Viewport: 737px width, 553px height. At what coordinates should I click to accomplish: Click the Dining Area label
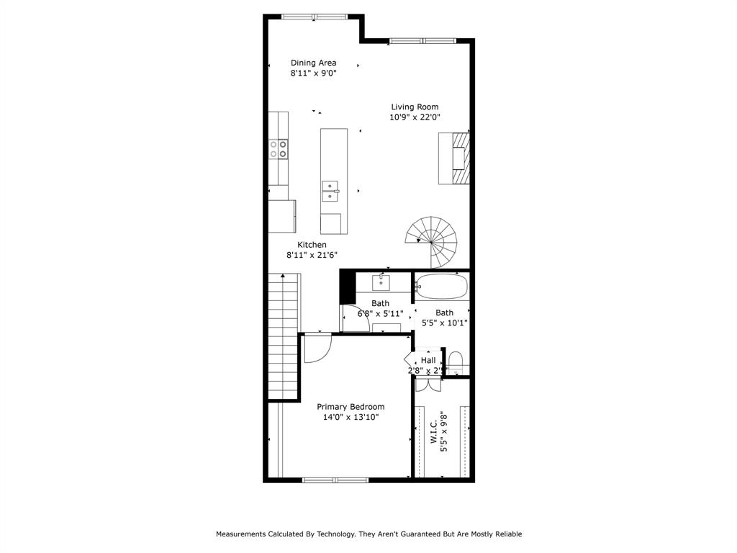313,63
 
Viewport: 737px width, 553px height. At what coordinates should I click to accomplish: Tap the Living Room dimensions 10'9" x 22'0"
415,117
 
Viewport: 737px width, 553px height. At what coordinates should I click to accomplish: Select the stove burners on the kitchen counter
279,148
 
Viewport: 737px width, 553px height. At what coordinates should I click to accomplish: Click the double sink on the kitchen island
330,189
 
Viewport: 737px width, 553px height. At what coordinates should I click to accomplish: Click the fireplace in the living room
454,158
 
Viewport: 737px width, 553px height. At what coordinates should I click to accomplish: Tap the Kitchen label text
312,245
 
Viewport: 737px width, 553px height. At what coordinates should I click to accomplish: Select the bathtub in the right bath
442,287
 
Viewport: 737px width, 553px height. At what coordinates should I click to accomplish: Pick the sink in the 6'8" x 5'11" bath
381,282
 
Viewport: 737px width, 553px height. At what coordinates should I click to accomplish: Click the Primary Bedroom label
351,407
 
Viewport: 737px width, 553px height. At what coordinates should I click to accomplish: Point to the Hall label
428,360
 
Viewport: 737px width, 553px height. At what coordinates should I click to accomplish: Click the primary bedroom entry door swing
316,349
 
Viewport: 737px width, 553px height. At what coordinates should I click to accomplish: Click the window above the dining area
314,17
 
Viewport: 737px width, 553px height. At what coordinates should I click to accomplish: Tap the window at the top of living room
422,41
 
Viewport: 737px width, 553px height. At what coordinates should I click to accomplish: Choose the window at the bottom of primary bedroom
335,480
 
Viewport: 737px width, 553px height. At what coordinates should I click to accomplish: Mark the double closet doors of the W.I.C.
428,383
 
